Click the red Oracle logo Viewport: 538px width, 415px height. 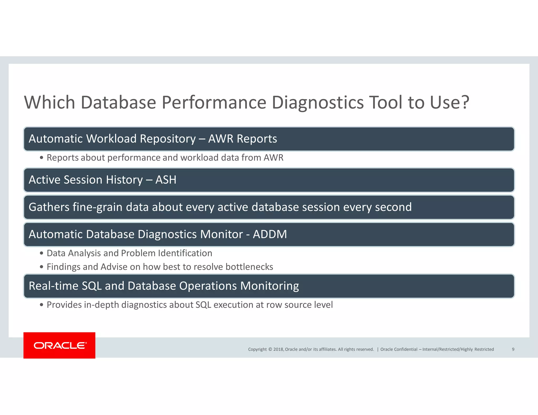coord(59,345)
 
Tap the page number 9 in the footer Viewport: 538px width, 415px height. coord(513,349)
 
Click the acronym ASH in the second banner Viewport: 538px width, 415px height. coord(166,180)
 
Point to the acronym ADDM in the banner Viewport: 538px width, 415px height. coord(270,234)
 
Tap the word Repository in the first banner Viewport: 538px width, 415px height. coord(168,139)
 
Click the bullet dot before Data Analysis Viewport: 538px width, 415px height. coord(42,253)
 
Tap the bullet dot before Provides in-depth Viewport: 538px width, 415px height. coord(42,305)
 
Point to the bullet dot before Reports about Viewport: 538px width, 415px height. coord(42,158)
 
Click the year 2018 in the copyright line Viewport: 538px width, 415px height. coord(278,349)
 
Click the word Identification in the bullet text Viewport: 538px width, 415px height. coord(185,253)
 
